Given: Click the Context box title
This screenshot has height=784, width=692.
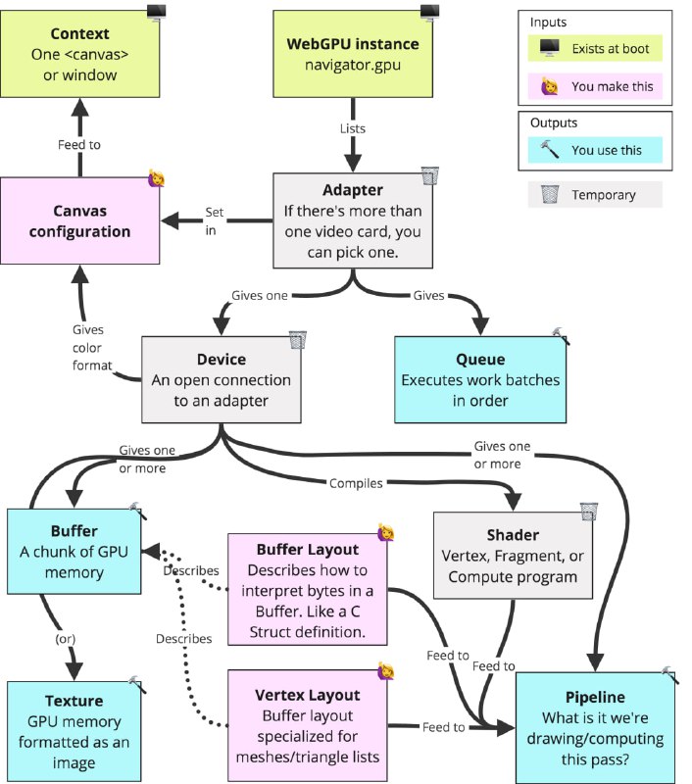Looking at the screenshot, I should pos(79,34).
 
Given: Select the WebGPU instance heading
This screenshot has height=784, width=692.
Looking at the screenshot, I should pos(352,44).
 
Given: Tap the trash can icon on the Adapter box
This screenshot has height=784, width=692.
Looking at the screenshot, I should pos(429,176).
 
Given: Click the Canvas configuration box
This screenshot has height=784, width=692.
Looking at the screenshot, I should pos(79,221).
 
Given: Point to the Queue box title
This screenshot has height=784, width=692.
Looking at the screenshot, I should pos(480,359).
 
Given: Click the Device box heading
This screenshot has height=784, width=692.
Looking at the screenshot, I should pos(222,360).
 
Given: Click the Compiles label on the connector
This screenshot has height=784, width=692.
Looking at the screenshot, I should pos(356,482).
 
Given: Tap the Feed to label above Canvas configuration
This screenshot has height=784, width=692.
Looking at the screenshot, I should pos(78,145).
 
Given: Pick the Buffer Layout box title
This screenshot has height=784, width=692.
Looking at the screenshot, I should pos(308,550).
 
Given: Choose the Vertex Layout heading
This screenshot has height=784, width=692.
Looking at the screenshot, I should pos(308,695).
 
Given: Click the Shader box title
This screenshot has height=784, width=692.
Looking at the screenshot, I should pos(513,534).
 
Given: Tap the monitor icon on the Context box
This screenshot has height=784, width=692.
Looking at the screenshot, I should pos(157,12).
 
